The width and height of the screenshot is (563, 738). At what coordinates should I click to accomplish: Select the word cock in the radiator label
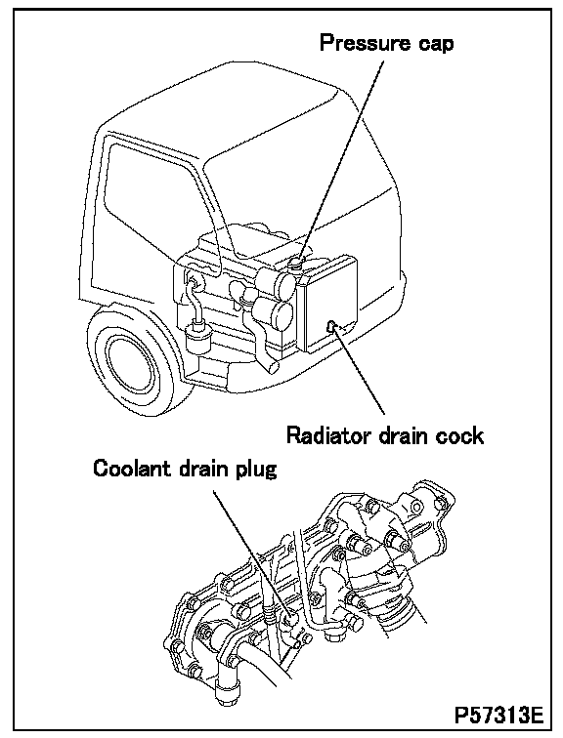coord(459,435)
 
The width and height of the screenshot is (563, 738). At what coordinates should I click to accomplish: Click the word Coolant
coord(133,469)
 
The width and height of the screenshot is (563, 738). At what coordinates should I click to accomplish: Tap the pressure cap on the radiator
coord(295,264)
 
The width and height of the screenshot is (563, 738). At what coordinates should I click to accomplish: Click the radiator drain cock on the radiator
coord(331,325)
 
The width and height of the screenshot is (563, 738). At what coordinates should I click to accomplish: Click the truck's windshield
coord(301,197)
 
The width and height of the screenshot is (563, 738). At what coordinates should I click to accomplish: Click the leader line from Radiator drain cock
coord(359,370)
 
